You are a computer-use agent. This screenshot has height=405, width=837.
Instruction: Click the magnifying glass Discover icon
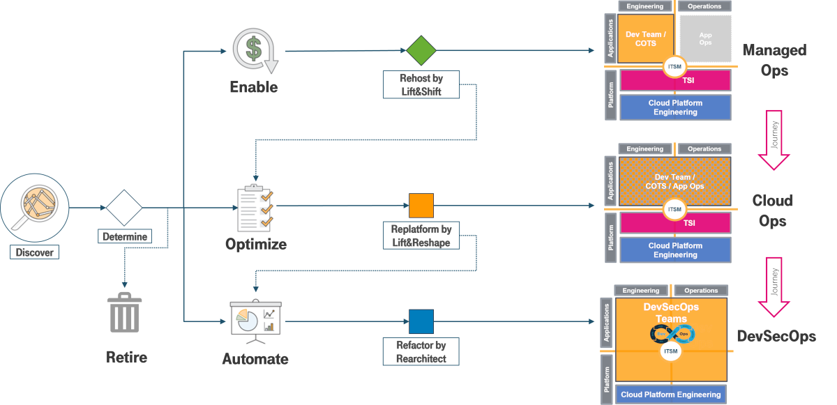35,207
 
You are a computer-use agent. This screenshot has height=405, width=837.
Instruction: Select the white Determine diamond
124,207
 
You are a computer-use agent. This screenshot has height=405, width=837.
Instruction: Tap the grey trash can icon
124,314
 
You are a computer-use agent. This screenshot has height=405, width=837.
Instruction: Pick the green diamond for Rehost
421,51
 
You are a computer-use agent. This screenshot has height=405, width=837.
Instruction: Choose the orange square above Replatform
421,206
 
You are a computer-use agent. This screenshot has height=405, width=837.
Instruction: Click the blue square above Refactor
421,321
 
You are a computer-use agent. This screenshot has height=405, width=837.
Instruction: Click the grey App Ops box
705,38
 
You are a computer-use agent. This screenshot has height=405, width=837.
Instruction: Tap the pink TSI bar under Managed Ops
675,80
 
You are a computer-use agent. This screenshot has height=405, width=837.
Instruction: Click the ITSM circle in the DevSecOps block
670,351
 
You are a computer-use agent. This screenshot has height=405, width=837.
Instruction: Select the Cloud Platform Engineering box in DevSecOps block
670,394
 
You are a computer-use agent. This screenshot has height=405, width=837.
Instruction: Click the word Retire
126,358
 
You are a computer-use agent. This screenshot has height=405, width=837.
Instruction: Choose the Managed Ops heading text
774,60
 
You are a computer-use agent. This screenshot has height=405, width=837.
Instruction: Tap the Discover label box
35,252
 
